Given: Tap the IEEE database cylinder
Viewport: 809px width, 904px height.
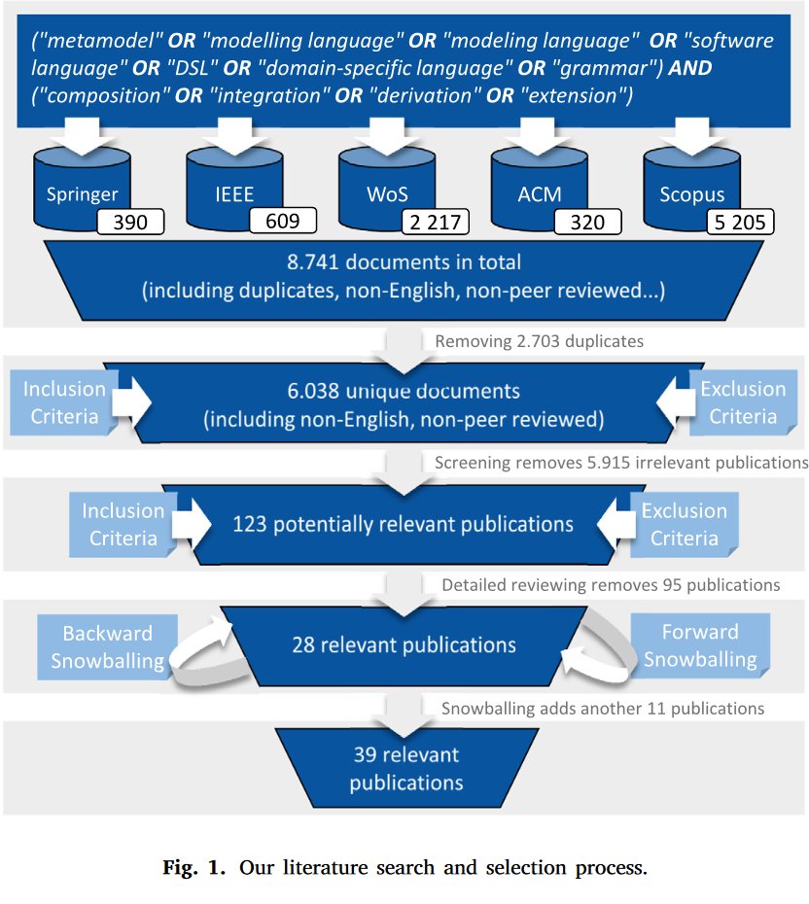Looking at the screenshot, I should click(x=234, y=185).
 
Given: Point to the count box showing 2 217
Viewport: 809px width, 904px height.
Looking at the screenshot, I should click(x=435, y=223).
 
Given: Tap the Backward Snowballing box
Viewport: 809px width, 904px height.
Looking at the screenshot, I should click(x=108, y=646).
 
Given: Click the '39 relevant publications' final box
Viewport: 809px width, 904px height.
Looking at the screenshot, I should click(x=406, y=768).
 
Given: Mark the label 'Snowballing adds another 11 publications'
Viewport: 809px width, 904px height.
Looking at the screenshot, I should click(x=603, y=708).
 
